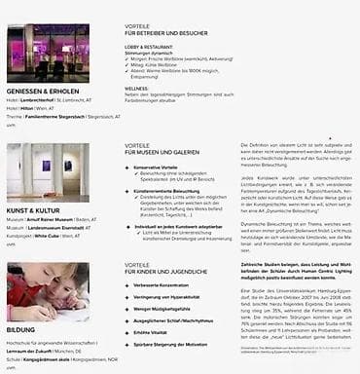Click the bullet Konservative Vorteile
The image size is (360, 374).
coord(162,167)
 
